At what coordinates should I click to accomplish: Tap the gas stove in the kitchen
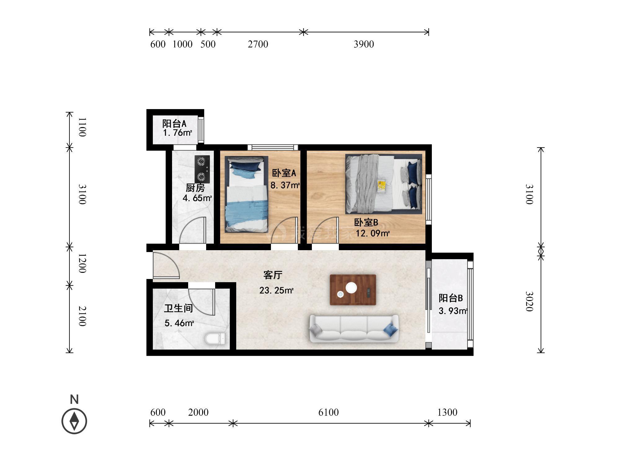pos(202,169)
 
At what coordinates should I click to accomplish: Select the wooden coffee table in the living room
pos(353,290)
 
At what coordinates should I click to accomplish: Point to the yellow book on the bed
pos(382,187)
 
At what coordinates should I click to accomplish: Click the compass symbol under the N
pos(74,421)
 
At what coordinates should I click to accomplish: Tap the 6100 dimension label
pos(329,412)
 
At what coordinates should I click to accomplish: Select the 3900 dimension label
pos(364,44)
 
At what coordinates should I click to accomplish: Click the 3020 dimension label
pos(529,301)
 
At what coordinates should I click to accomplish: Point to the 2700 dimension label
pos(258,44)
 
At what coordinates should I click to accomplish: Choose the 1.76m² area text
pos(178,133)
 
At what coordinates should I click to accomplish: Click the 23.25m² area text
pos(277,290)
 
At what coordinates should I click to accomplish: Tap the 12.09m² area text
pos(373,233)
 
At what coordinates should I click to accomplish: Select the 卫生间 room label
pos(179,308)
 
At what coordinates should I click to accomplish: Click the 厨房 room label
pos(195,188)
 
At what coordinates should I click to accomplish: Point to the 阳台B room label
pos(451,298)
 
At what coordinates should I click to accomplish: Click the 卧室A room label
pos(284,173)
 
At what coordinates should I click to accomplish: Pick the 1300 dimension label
pos(447,412)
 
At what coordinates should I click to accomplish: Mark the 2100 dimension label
pos(82,316)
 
